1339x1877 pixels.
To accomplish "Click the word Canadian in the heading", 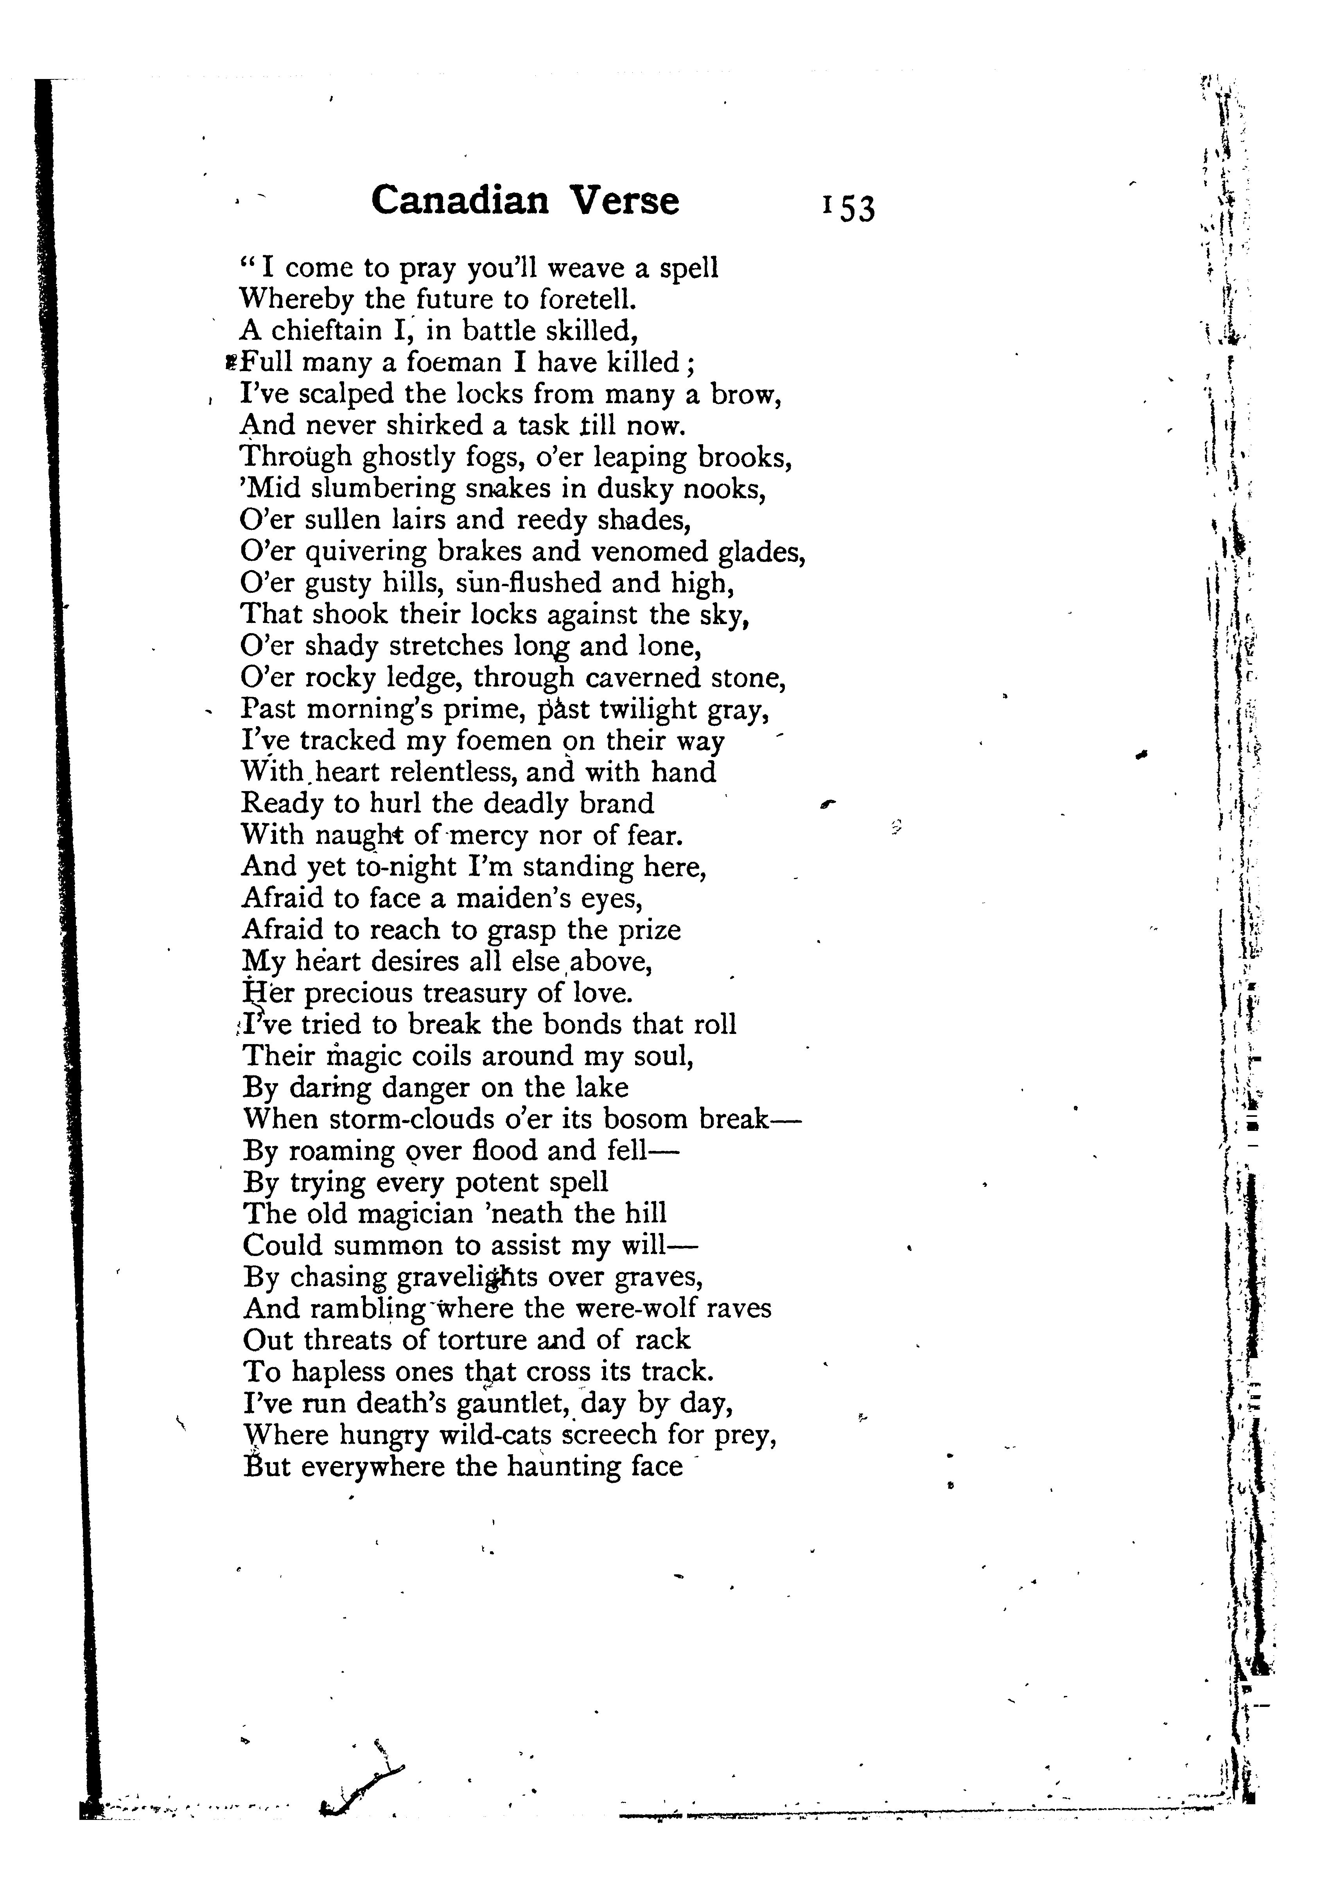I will pyautogui.click(x=459, y=200).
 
